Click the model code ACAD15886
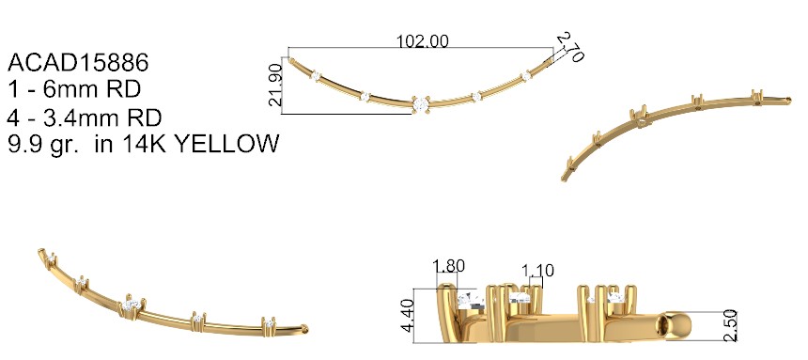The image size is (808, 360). (x=78, y=63)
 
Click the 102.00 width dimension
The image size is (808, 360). (x=422, y=41)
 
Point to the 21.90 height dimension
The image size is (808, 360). (x=275, y=85)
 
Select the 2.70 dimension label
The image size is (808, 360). (x=571, y=47)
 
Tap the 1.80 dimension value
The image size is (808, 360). (x=448, y=266)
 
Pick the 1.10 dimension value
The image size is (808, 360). (x=537, y=271)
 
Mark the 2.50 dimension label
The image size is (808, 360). (x=730, y=325)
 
